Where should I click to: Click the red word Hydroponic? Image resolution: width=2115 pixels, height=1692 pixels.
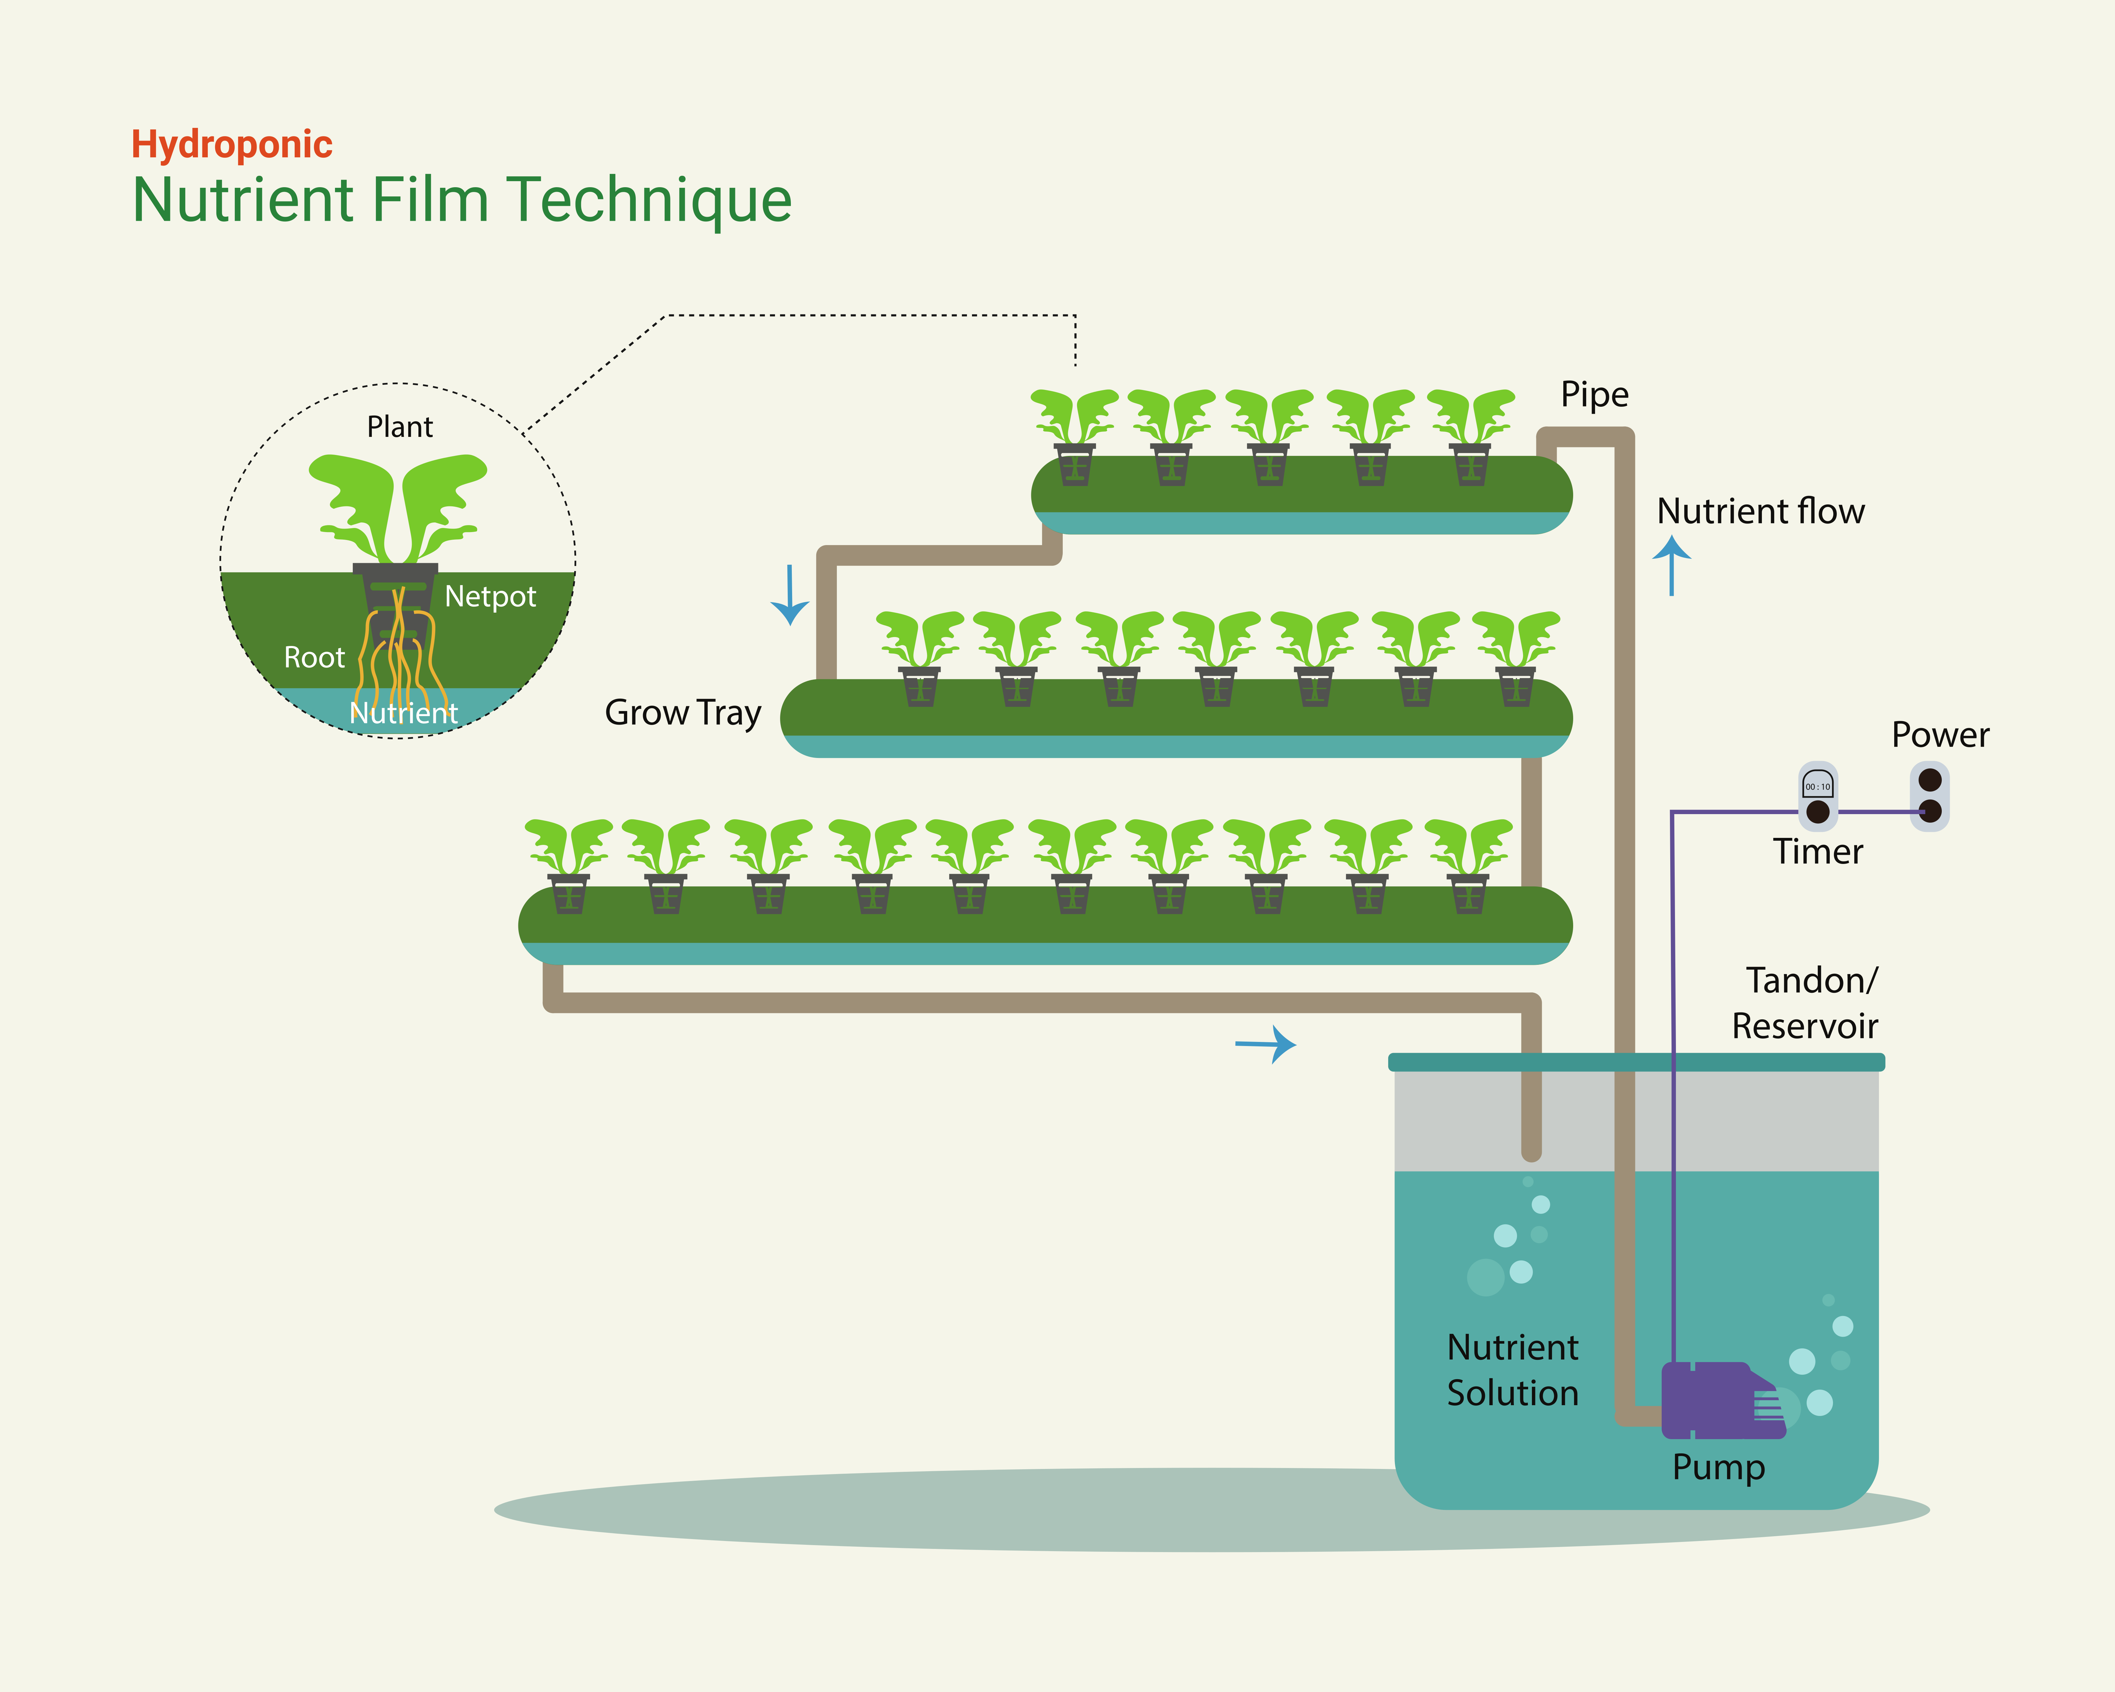(232, 144)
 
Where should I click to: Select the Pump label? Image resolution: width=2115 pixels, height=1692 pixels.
(1718, 1467)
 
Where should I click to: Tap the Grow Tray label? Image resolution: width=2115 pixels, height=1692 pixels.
(683, 713)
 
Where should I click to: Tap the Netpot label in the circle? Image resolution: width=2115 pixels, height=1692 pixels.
(490, 596)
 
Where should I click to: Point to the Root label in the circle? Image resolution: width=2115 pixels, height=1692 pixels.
(314, 657)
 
